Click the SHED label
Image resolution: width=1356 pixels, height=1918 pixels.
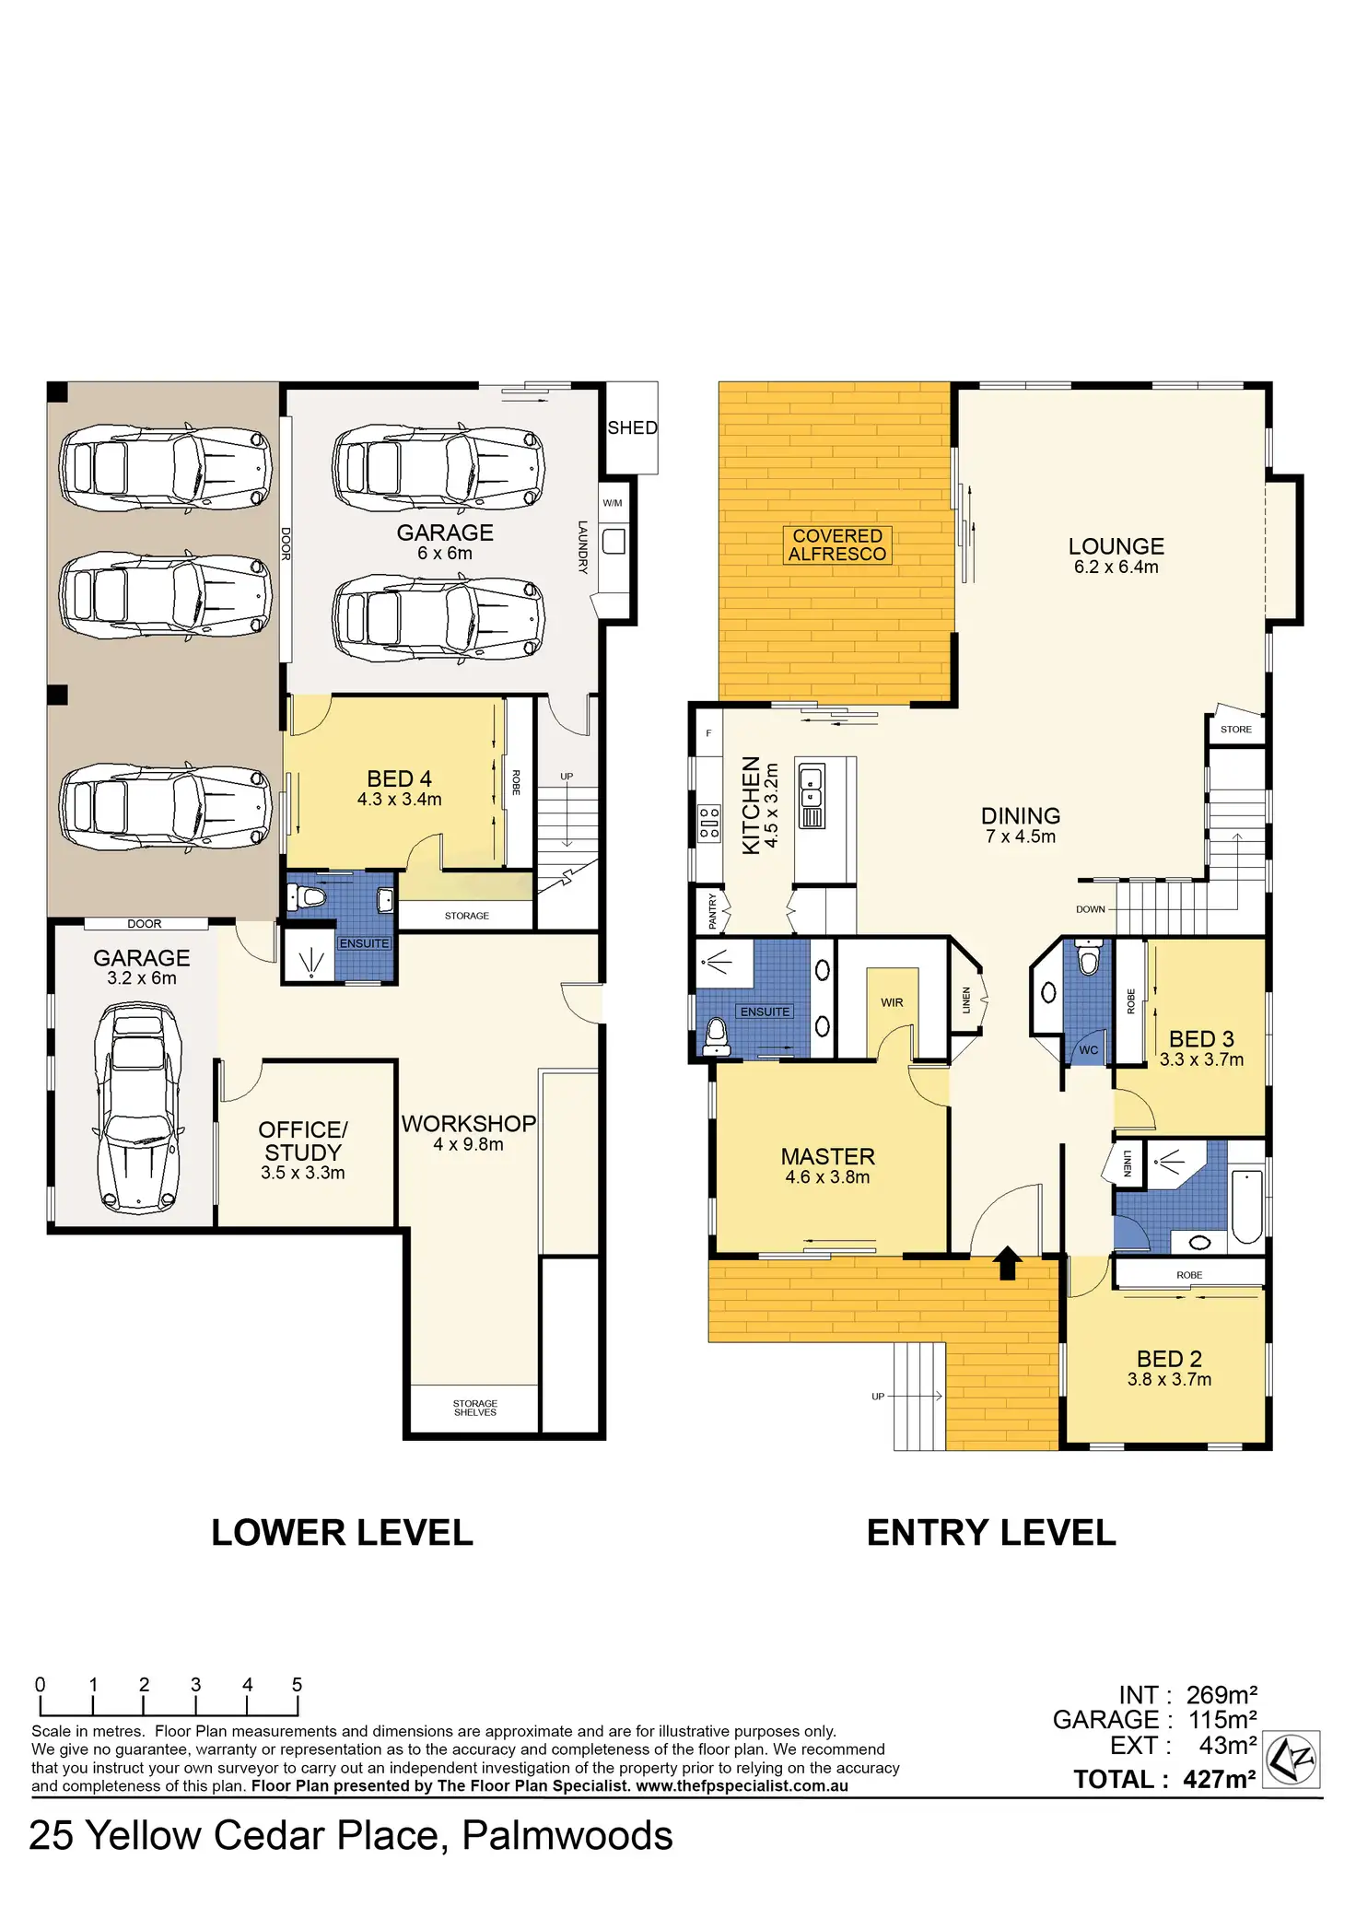tap(632, 427)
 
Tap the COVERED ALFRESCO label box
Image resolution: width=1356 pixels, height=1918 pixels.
tap(837, 544)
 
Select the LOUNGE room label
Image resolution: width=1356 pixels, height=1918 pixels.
tap(1116, 546)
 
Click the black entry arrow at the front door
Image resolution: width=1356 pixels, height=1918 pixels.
tap(1007, 1263)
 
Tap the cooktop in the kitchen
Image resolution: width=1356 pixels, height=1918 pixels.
tap(708, 823)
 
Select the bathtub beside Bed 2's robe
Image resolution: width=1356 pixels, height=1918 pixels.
tap(1246, 1207)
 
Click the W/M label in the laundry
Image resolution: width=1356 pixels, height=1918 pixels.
tap(613, 503)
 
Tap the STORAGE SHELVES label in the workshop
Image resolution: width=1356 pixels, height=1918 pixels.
tap(474, 1408)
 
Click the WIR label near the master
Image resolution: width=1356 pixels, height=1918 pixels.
tap(892, 1002)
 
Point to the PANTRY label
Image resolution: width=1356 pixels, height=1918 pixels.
tap(712, 911)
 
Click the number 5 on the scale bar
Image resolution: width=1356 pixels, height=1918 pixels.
tap(297, 1684)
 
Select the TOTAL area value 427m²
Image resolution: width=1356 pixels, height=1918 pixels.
tap(1220, 1779)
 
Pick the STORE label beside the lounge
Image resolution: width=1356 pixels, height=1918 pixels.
tap(1236, 729)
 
